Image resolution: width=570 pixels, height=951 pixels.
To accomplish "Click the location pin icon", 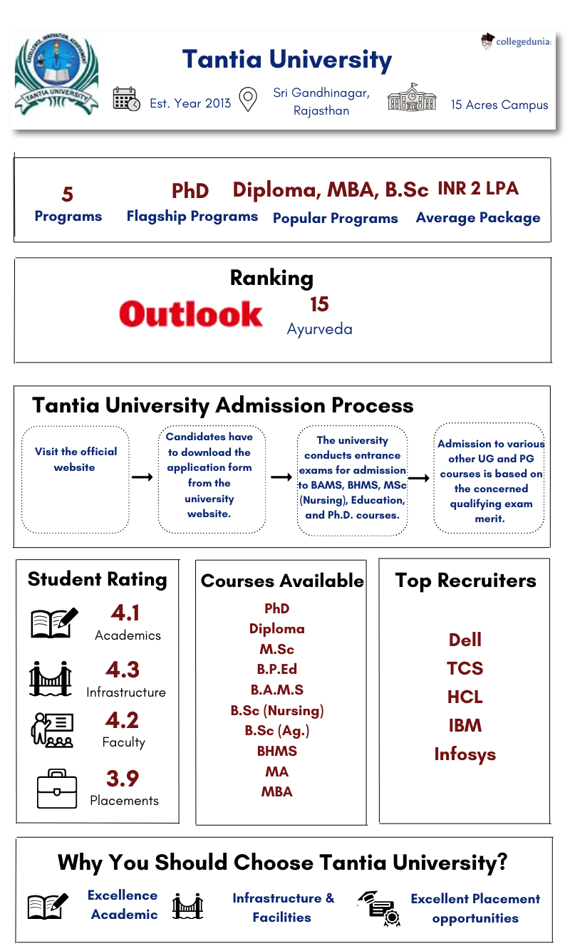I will point(247,100).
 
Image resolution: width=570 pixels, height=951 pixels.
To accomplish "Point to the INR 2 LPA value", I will point(478,189).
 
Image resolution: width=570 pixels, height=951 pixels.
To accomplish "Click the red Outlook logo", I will point(191,314).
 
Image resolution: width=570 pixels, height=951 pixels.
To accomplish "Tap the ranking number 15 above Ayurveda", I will point(319,305).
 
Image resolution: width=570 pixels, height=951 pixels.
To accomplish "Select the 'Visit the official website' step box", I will point(76,479).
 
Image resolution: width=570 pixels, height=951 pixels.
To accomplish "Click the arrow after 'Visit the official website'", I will point(142,477).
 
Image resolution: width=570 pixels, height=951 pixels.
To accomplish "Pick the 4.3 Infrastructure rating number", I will point(123,670).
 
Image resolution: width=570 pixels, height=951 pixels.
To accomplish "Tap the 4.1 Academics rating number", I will point(125,613).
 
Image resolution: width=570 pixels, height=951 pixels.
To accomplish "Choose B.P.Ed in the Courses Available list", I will point(276,670).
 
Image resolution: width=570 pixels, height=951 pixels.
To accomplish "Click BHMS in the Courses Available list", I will point(276,751).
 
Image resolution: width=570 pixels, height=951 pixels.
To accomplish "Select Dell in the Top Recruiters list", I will point(465,640).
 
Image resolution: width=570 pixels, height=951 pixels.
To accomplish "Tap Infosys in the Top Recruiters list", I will point(465,754).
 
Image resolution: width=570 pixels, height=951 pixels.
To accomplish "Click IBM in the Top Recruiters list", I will point(465,726).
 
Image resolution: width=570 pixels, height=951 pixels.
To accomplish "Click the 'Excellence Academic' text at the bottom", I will point(123,905).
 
